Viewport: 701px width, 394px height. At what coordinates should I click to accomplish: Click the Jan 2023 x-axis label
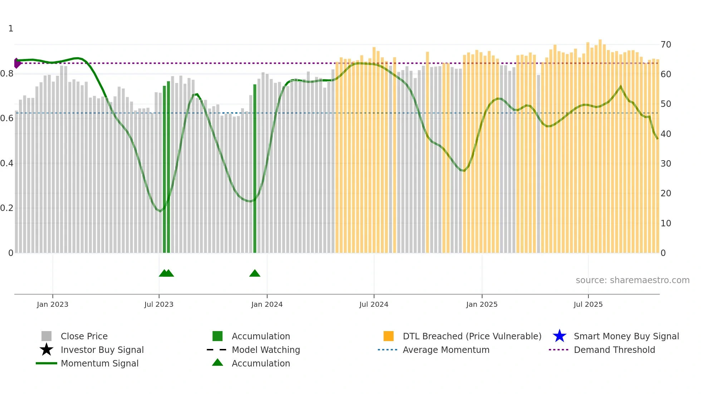[x=52, y=304]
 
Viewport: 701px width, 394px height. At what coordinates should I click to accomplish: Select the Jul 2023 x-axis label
[x=159, y=304]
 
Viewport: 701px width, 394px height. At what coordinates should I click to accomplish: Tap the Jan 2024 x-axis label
[x=267, y=304]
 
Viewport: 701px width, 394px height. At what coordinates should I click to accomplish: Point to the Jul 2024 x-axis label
[x=374, y=304]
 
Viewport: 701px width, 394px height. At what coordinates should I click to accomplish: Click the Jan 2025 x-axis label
[x=482, y=304]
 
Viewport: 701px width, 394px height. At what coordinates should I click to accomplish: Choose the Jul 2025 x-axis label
[x=588, y=304]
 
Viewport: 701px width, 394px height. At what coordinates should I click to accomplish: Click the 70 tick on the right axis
[x=666, y=45]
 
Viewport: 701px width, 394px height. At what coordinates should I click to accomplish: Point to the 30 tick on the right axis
[x=666, y=164]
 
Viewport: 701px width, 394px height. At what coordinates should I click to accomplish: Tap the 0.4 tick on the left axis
[x=7, y=163]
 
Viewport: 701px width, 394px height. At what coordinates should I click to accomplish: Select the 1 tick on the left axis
[x=11, y=29]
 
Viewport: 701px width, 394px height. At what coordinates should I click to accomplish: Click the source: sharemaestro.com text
[x=632, y=280]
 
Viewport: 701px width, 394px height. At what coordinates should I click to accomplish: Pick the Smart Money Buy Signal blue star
[x=559, y=336]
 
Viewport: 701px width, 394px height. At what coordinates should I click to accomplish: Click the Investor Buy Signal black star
[x=46, y=350]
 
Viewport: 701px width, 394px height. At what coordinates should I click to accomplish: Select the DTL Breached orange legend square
[x=388, y=336]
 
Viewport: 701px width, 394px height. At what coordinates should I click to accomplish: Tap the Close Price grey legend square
[x=46, y=336]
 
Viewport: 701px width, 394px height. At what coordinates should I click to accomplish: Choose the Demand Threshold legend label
[x=614, y=350]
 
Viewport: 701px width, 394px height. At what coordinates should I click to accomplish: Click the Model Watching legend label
[x=266, y=350]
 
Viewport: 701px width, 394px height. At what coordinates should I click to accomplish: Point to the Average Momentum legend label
[x=446, y=350]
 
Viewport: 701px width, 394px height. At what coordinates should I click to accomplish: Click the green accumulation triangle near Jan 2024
[x=255, y=274]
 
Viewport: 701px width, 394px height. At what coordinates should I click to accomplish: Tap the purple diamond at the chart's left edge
[x=17, y=63]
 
